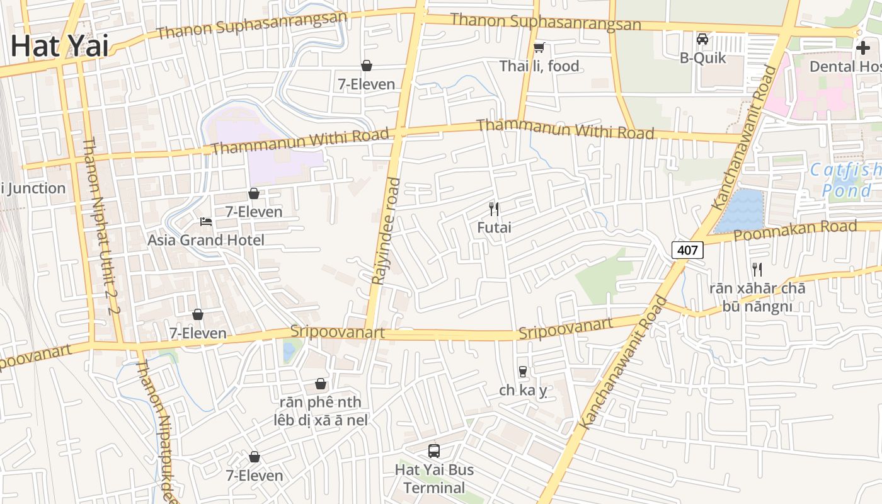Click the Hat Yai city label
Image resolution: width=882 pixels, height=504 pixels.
[59, 47]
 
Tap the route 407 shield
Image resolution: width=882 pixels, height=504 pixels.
[687, 250]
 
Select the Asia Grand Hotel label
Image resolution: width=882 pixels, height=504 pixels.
[205, 240]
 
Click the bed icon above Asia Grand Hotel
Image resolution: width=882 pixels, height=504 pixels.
[205, 222]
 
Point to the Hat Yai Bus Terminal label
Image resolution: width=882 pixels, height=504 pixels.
[434, 478]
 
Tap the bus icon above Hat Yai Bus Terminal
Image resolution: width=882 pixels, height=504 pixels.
[434, 451]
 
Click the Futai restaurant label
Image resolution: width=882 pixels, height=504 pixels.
[494, 227]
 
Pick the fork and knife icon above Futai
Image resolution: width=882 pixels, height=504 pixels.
[494, 209]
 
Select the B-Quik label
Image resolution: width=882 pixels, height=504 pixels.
[702, 58]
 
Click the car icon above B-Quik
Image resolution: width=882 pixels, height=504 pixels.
[702, 39]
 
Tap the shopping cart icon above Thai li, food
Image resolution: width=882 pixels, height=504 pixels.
[539, 47]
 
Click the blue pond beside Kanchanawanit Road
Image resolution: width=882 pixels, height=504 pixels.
[741, 210]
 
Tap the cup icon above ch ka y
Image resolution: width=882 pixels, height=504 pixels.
[522, 372]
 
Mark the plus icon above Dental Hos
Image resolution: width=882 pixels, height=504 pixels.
[862, 47]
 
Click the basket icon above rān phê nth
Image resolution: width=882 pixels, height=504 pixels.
[321, 384]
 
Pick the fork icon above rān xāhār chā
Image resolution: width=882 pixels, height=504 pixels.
[757, 270]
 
